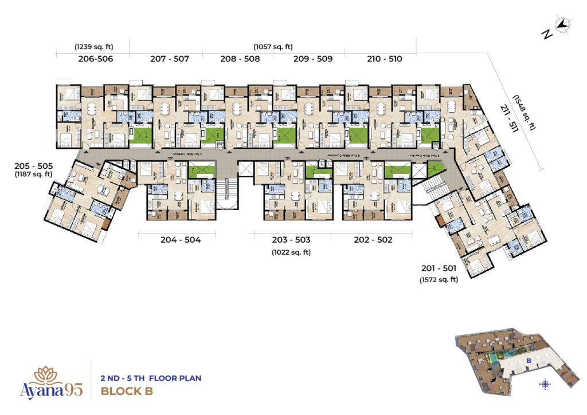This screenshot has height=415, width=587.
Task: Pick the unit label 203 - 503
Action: click(292, 240)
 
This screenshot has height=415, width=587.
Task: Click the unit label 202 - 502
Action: click(373, 240)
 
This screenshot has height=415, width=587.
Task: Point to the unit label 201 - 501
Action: click(439, 269)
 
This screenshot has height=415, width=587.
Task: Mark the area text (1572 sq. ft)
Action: click(439, 279)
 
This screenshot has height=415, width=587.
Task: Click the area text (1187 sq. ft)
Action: click(34, 175)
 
